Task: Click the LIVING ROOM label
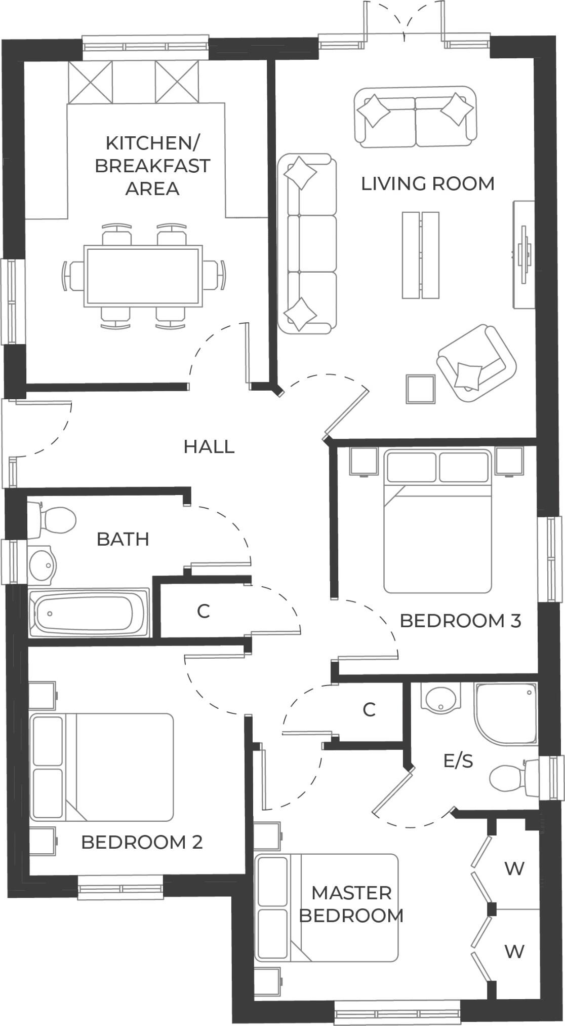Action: pos(427,183)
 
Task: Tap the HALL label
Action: pos(209,447)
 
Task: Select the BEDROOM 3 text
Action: pos(460,621)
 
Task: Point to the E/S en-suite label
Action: pos(458,761)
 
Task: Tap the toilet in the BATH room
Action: pos(53,520)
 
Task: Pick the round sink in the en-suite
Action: pos(441,699)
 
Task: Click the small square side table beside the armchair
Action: pos(420,389)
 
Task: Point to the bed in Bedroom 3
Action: pos(437,529)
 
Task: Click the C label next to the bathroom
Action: pos(203,612)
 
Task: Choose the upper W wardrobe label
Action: pos(514,869)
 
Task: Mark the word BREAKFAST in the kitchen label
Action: pos(152,166)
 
